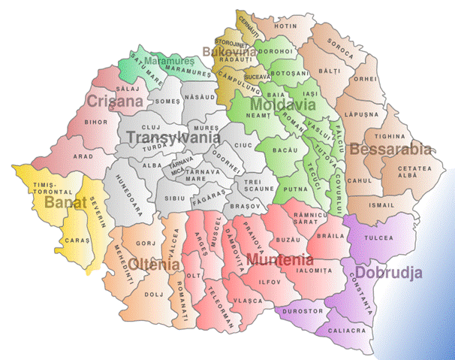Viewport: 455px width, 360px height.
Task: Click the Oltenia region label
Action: point(154,265)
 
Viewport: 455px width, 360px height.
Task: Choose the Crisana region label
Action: point(114,101)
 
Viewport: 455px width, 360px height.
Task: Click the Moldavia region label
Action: point(278,103)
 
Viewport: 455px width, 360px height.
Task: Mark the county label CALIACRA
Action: point(350,330)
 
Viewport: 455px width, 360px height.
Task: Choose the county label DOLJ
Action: point(153,294)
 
